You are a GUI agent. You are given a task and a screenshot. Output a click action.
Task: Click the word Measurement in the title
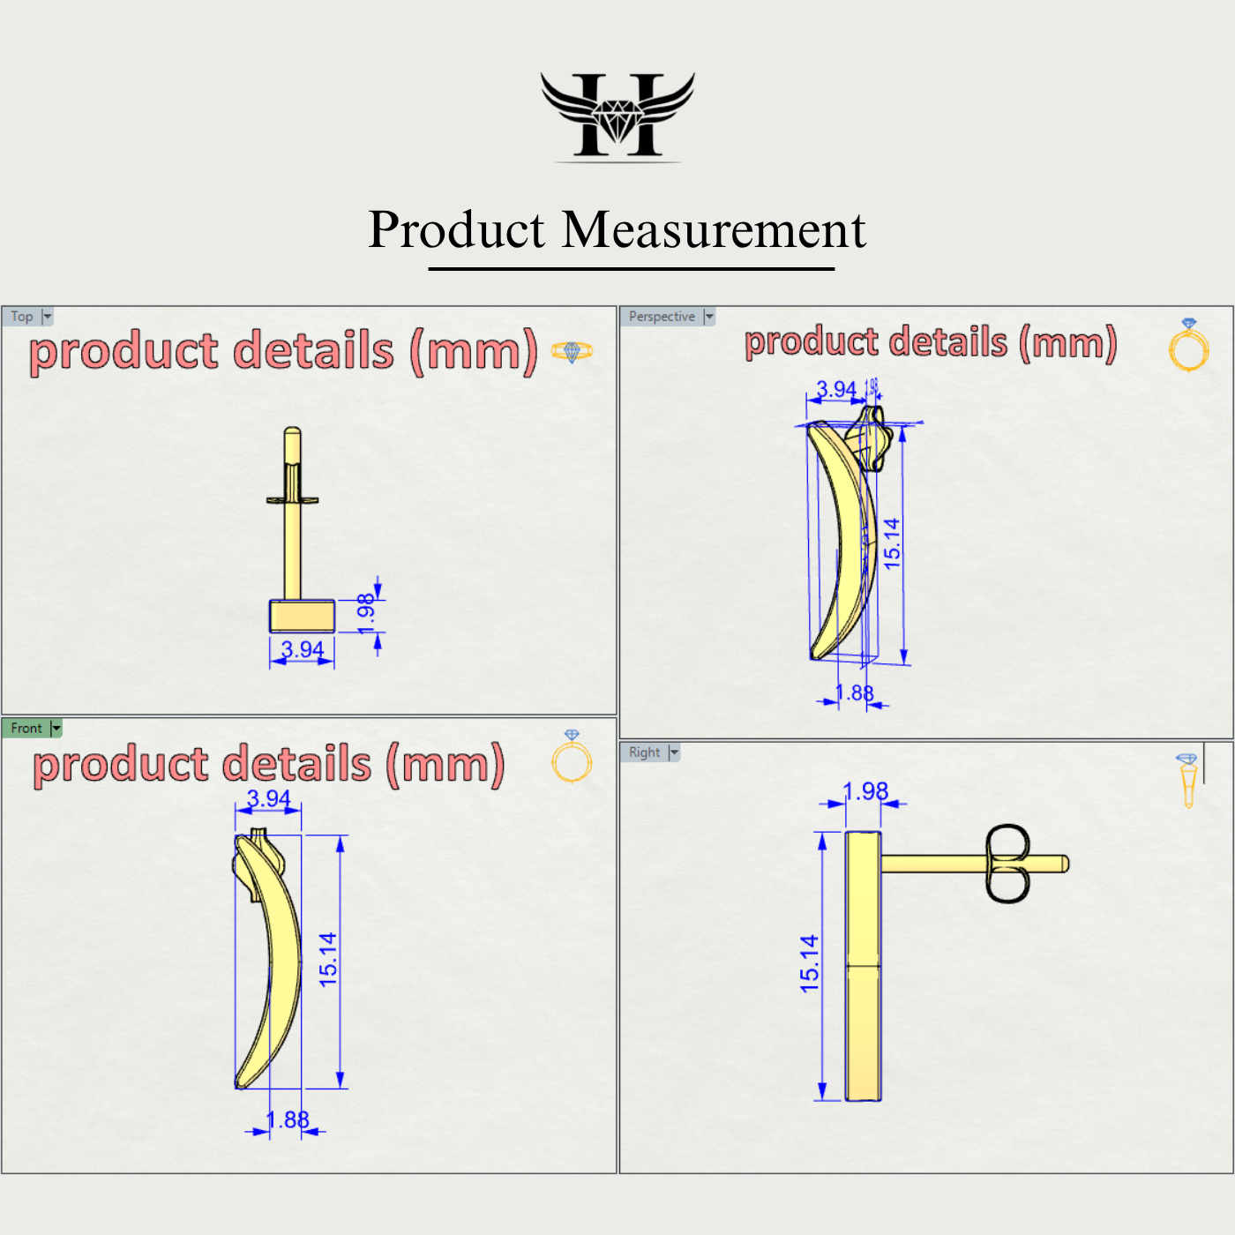[x=714, y=230]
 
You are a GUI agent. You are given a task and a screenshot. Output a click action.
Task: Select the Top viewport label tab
[x=22, y=317]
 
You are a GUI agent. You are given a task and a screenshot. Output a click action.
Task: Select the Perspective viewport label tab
[x=662, y=317]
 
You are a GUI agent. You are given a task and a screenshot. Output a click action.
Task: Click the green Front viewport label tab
[x=26, y=729]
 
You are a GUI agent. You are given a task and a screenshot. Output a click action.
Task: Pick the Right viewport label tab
[x=644, y=752]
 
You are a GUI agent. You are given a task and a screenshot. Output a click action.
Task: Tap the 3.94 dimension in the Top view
[x=303, y=650]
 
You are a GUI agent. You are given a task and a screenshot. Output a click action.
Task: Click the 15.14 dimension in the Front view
[x=328, y=960]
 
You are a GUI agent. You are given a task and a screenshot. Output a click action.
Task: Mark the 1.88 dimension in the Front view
[x=288, y=1120]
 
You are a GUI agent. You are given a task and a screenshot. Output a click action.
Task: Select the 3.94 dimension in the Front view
[x=268, y=799]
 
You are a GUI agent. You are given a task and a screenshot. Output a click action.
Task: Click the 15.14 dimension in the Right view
[x=809, y=964]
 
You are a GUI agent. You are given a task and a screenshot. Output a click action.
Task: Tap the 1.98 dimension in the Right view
[x=865, y=791]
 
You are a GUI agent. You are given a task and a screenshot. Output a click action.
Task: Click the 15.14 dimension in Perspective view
[x=892, y=543]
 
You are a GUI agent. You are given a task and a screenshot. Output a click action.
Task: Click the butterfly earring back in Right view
[x=1007, y=864]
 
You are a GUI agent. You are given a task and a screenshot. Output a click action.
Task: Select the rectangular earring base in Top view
[x=302, y=616]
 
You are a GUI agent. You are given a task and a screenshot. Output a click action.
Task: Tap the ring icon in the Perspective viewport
[x=1188, y=346]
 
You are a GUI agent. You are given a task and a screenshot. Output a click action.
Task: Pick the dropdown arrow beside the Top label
[x=48, y=317]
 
